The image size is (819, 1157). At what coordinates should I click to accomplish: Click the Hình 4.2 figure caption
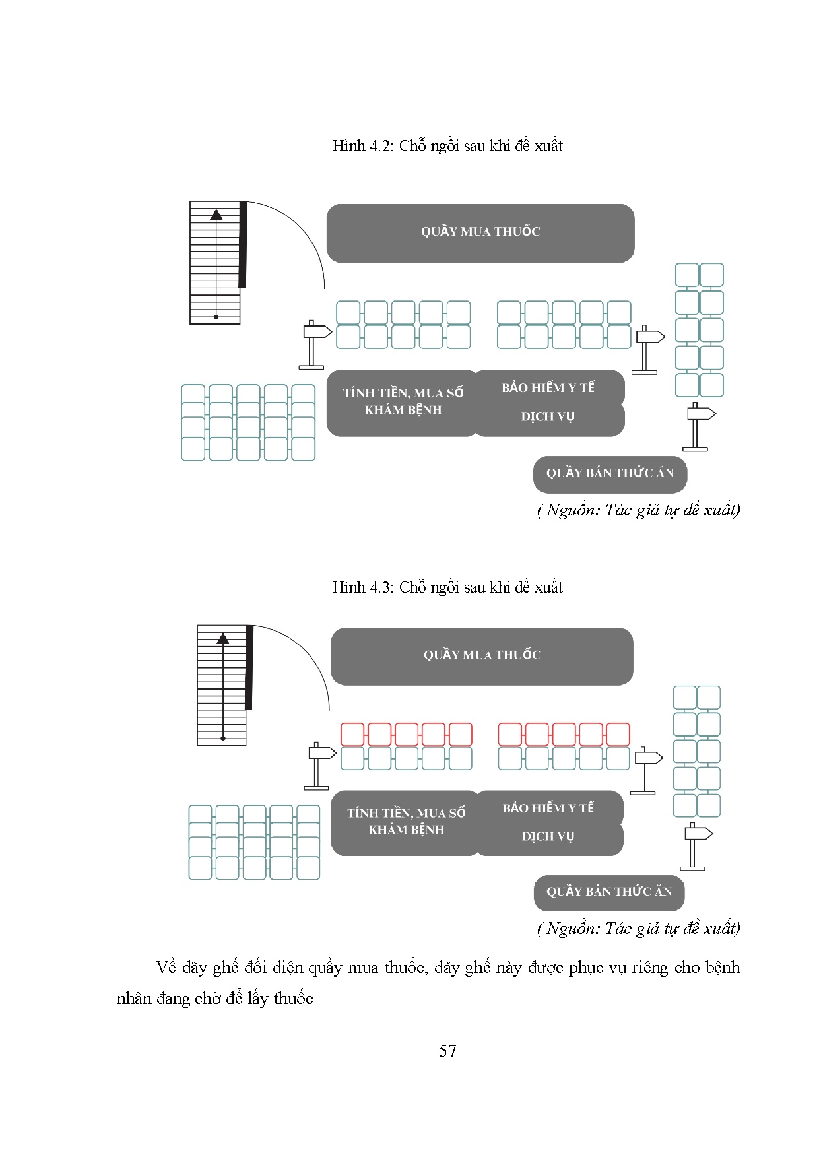(x=447, y=146)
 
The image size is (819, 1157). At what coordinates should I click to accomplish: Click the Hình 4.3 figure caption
(x=447, y=587)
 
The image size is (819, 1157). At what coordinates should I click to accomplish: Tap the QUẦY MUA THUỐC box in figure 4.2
(x=480, y=232)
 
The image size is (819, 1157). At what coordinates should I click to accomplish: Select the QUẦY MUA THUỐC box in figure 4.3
(x=482, y=655)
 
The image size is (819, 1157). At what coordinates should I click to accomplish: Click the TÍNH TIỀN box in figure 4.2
(x=403, y=402)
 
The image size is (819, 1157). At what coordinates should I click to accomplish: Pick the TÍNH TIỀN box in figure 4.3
(x=406, y=822)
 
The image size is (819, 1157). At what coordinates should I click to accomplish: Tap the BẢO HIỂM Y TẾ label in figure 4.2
(x=548, y=387)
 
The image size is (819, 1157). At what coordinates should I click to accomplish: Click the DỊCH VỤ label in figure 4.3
(x=548, y=836)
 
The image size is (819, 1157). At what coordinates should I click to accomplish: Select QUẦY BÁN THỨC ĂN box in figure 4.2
(x=610, y=473)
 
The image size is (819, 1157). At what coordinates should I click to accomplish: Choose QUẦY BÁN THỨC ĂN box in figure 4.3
(x=608, y=892)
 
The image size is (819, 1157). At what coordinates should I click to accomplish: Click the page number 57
(x=447, y=1051)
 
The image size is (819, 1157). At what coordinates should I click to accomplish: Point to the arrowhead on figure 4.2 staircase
(x=216, y=214)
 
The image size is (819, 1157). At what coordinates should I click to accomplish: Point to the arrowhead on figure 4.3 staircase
(x=223, y=638)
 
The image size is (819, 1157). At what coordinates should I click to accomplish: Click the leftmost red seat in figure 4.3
(x=352, y=734)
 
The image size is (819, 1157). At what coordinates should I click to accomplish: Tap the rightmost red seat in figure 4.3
(x=618, y=734)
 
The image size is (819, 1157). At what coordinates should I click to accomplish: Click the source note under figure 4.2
(x=638, y=510)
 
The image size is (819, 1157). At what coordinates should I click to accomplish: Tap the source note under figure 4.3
(x=638, y=929)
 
